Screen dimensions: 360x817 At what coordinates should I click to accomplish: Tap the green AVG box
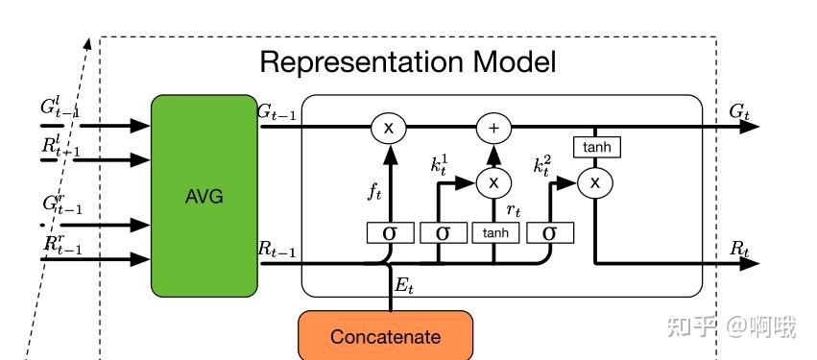(x=204, y=195)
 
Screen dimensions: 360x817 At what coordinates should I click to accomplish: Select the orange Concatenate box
(x=385, y=336)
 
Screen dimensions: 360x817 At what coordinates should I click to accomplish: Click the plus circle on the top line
(x=494, y=127)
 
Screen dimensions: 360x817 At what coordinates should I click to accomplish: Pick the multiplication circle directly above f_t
(x=389, y=127)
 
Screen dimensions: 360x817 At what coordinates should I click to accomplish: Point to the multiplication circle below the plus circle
(x=494, y=181)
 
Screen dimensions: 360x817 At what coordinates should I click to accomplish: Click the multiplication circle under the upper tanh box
(x=595, y=181)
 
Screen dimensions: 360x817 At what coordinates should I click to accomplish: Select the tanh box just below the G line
(x=596, y=147)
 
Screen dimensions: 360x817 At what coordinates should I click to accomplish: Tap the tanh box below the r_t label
(x=495, y=232)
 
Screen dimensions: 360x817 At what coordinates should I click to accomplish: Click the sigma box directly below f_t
(x=390, y=232)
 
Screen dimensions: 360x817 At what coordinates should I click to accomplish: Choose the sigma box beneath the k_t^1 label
(x=443, y=232)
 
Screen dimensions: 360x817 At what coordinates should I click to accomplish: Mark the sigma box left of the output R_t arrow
(x=549, y=232)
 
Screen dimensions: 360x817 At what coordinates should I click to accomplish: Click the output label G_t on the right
(x=739, y=112)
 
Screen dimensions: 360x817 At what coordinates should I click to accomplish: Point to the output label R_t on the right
(x=739, y=249)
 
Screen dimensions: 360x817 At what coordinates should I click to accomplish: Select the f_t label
(x=374, y=192)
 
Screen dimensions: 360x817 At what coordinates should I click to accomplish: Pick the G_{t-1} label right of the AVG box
(x=276, y=111)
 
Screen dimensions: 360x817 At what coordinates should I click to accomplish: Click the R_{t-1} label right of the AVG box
(x=276, y=249)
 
